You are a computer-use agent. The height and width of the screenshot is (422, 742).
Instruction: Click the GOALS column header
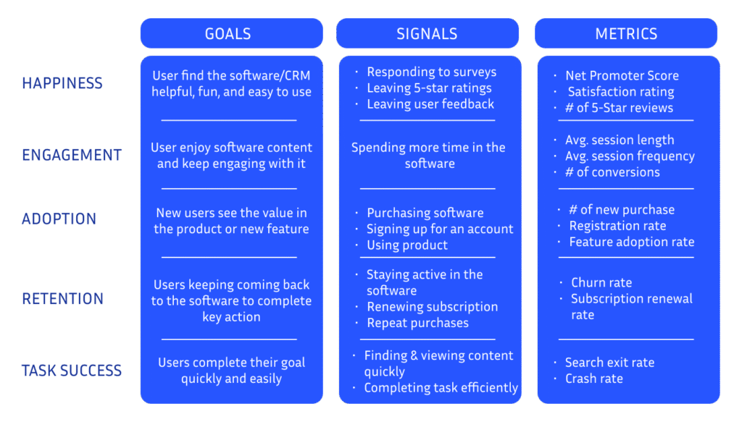[x=228, y=33]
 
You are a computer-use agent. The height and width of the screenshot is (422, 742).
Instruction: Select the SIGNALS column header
[x=427, y=33]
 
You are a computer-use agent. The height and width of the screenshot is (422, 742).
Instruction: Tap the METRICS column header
[x=626, y=33]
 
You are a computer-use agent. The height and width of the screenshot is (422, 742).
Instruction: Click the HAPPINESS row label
[x=62, y=83]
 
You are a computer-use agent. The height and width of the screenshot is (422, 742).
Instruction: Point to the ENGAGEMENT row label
[x=72, y=155]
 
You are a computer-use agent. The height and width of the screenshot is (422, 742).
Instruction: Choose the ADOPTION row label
[x=59, y=219]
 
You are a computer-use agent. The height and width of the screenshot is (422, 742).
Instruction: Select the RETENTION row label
[x=62, y=299]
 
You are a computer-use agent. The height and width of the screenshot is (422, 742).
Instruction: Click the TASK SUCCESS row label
[x=72, y=371]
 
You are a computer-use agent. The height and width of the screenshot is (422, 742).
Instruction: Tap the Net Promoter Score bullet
[x=622, y=75]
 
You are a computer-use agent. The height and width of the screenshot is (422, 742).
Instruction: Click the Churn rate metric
[x=601, y=282]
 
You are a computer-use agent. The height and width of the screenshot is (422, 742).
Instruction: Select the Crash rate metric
[x=594, y=379]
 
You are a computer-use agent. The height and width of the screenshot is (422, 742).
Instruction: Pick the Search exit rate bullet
[x=609, y=363]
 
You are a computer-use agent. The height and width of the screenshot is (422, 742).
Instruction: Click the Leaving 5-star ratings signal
[x=429, y=88]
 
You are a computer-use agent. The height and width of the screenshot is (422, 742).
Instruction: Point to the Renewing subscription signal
[x=432, y=307]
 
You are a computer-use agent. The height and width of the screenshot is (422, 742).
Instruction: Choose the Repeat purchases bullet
[x=417, y=323]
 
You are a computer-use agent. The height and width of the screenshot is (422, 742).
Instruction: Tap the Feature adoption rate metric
[x=632, y=242]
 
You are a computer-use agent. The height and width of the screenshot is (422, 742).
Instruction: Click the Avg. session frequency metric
[x=630, y=156]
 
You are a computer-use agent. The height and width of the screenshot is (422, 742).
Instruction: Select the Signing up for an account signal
[x=440, y=229]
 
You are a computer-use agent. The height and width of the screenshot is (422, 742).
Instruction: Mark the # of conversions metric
[x=612, y=172]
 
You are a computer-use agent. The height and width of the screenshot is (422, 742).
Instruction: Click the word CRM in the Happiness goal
[x=297, y=75]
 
